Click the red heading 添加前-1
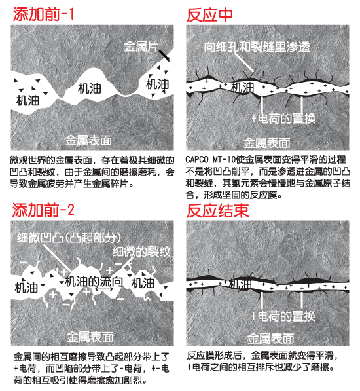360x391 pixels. [43, 14]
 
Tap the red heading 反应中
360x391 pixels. [209, 15]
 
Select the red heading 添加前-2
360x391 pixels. [43, 210]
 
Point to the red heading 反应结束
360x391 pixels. [217, 211]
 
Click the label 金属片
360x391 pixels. [141, 47]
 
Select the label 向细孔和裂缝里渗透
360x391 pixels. [257, 47]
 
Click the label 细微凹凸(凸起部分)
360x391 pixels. [69, 238]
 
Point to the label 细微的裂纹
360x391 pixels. [141, 251]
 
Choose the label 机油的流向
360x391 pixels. [94, 282]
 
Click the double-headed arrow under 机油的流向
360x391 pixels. [104, 289]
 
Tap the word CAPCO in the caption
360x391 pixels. [196, 160]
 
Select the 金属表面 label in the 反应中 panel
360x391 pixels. [266, 143]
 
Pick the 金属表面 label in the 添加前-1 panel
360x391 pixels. [88, 140]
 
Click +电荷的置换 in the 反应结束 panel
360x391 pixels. [283, 316]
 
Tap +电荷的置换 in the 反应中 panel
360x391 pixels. [284, 119]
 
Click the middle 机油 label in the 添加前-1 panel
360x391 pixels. [90, 89]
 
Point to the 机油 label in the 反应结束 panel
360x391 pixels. [240, 284]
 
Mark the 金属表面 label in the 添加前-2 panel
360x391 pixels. [90, 337]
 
